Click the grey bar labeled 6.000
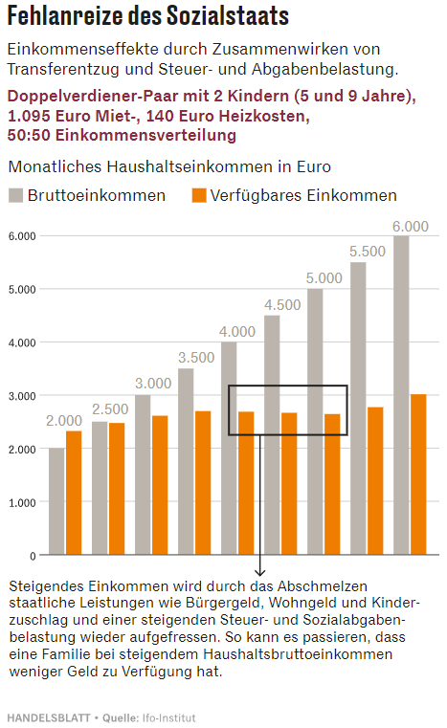click(x=401, y=394)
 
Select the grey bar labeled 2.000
click(x=56, y=501)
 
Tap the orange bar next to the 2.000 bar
click(x=74, y=493)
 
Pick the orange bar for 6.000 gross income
click(x=418, y=474)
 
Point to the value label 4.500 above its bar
click(x=282, y=305)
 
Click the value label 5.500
click(x=368, y=252)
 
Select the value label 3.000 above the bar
click(x=153, y=384)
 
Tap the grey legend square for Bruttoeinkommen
click(x=15, y=195)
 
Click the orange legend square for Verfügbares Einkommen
click(x=199, y=195)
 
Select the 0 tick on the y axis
click(x=32, y=556)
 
